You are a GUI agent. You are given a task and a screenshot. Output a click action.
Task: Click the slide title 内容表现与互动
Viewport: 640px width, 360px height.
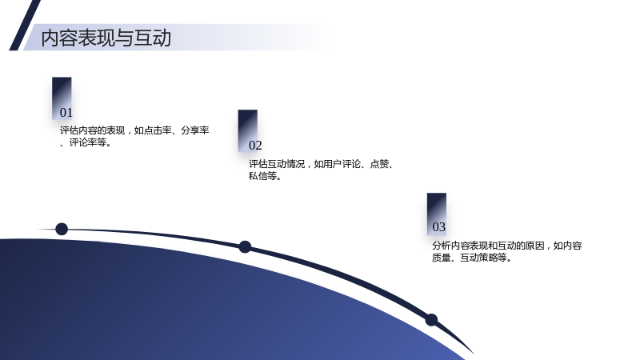click(x=106, y=38)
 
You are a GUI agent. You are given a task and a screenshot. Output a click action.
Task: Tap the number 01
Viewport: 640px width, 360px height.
click(x=66, y=113)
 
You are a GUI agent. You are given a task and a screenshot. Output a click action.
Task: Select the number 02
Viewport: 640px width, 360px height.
click(x=255, y=146)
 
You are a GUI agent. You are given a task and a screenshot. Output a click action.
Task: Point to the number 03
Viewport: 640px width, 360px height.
click(x=438, y=227)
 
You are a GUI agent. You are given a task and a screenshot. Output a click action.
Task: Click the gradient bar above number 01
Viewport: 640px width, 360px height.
click(x=62, y=98)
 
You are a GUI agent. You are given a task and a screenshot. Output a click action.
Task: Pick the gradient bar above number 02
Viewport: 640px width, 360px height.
click(x=248, y=130)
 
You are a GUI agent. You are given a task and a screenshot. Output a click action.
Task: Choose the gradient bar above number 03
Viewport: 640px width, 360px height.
click(x=437, y=214)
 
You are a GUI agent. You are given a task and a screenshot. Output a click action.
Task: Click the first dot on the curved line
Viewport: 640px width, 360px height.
click(x=62, y=229)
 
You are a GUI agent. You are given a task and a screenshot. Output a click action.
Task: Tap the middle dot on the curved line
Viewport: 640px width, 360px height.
click(x=245, y=247)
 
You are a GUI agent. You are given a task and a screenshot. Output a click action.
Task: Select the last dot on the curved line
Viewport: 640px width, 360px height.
click(x=431, y=320)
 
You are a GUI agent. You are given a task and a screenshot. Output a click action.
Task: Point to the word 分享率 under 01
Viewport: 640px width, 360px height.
click(x=195, y=130)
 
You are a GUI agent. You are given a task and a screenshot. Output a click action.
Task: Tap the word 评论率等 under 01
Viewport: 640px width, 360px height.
click(x=88, y=143)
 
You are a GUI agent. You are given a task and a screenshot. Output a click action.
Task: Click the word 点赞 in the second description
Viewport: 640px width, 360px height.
click(x=379, y=164)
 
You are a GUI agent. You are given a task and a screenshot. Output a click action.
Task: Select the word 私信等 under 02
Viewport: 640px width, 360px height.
click(x=262, y=176)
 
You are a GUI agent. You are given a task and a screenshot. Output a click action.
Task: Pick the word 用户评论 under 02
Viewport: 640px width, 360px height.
click(x=342, y=164)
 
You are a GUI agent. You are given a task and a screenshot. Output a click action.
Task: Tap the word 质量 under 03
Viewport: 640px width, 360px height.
click(x=442, y=258)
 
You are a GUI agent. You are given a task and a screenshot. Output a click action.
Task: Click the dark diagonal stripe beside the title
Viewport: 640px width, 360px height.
click(x=25, y=26)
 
